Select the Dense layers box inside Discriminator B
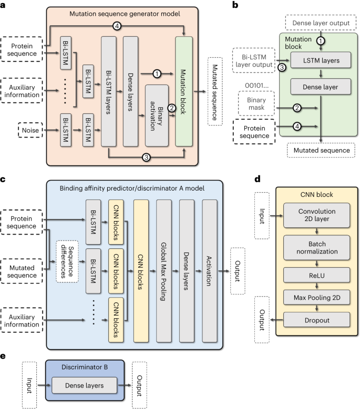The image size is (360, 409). [85, 386]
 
